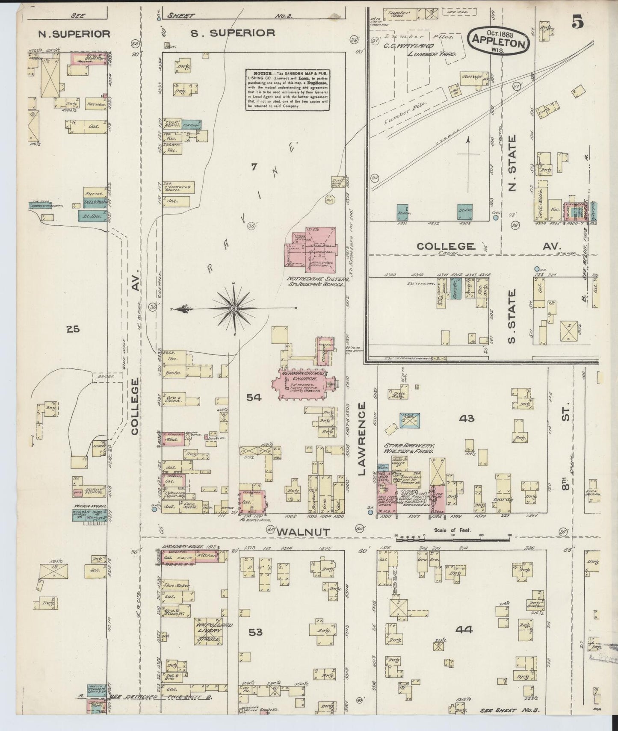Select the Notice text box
287,90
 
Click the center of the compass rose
234,308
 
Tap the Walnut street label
304,531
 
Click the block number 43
466,418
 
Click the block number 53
255,632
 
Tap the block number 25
73,329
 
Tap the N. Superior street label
74,33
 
